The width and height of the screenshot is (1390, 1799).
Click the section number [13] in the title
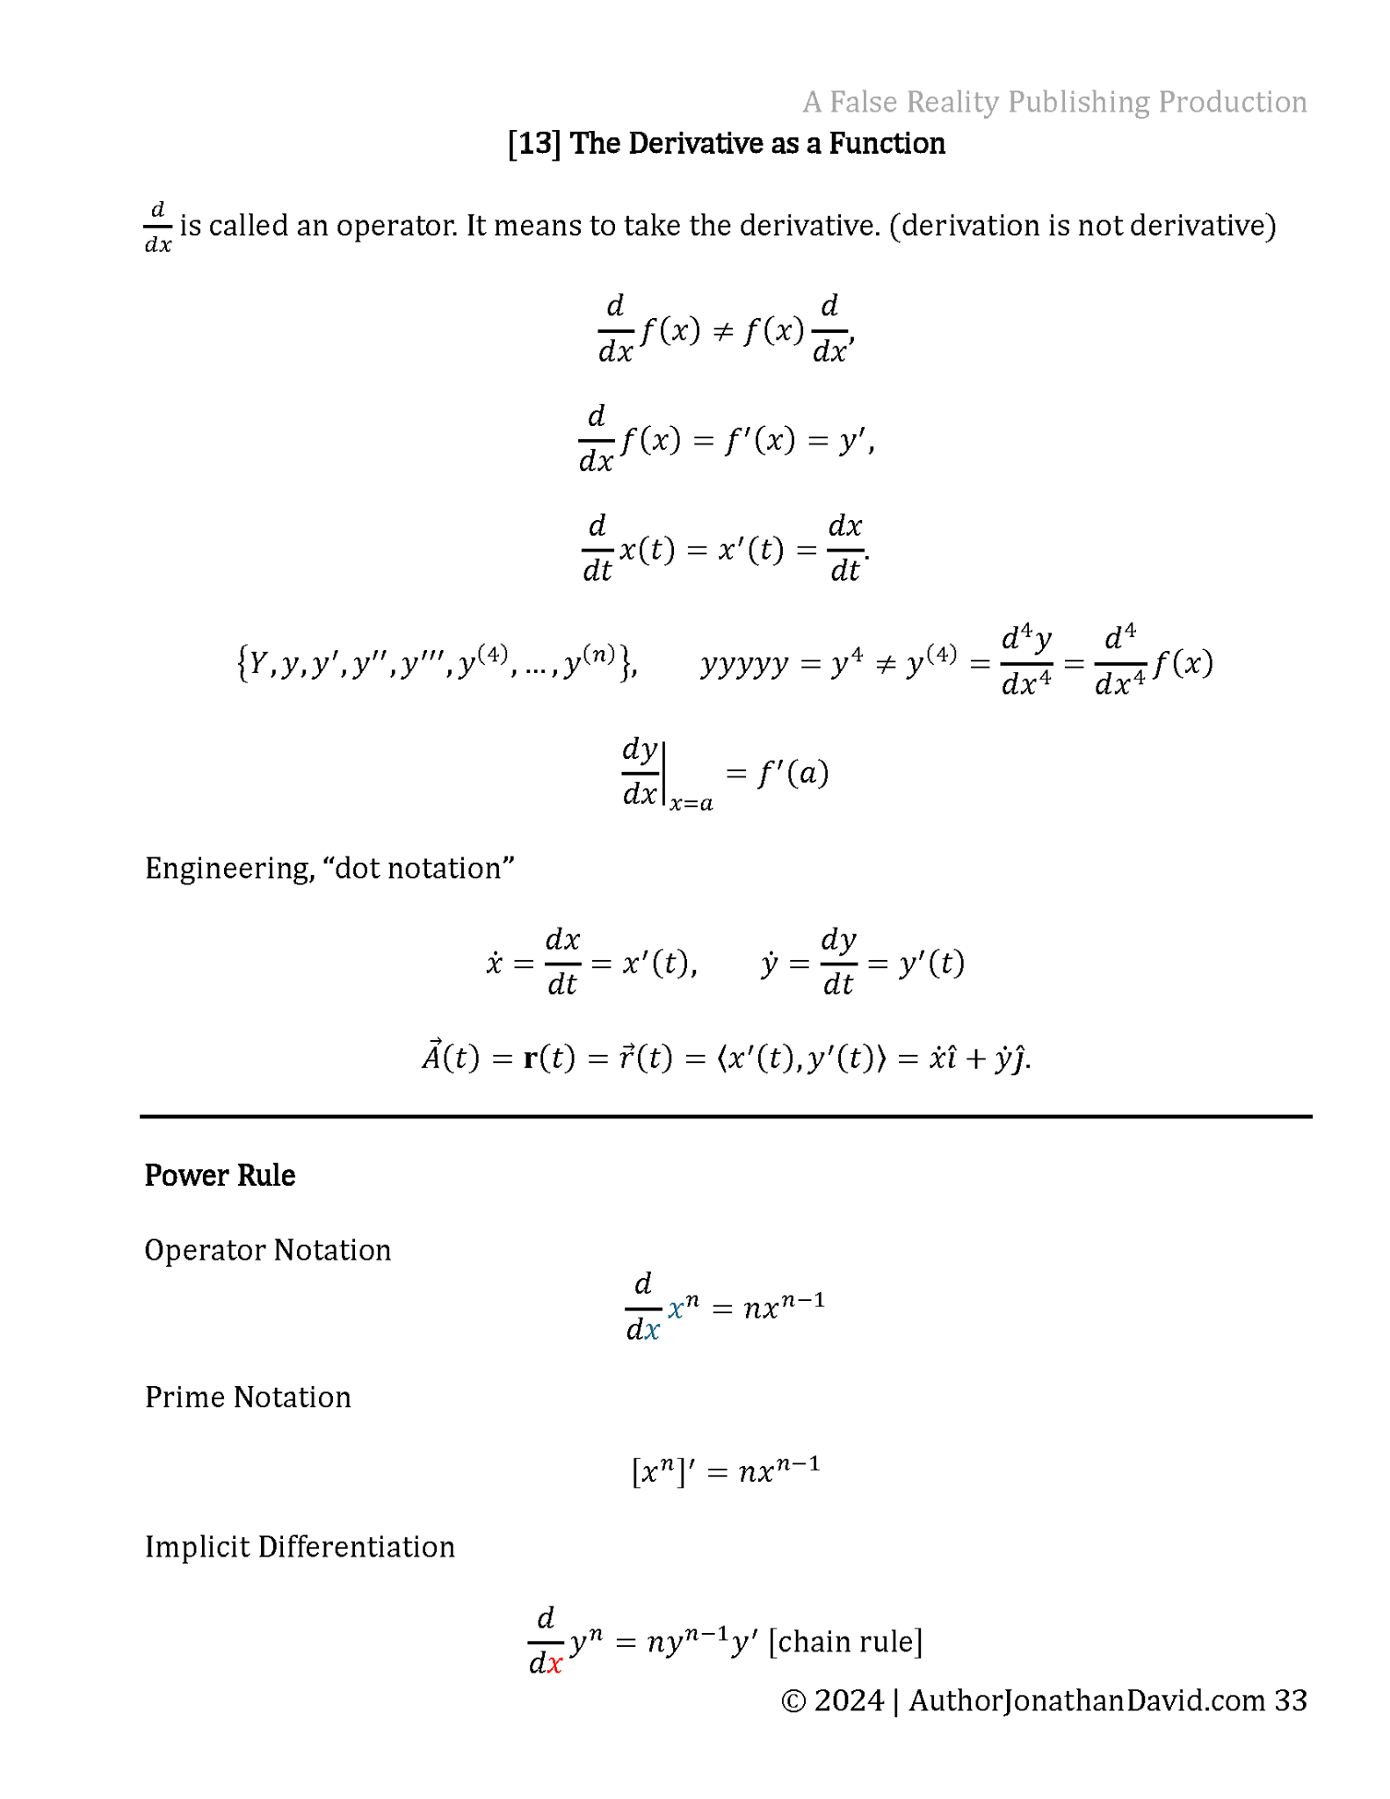(x=534, y=143)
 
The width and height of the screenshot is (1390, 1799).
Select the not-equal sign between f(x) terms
(x=722, y=331)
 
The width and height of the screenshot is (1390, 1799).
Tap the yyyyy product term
(x=744, y=665)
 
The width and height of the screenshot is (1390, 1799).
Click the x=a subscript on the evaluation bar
(x=691, y=803)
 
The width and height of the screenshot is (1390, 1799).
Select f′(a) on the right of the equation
(x=793, y=773)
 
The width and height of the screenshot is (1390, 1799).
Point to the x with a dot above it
(x=494, y=964)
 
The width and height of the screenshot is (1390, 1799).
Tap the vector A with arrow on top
(x=431, y=1056)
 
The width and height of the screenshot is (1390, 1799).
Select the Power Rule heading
(x=220, y=1175)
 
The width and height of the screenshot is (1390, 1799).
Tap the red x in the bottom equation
(x=554, y=1663)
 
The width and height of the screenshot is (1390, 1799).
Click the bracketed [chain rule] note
(x=845, y=1641)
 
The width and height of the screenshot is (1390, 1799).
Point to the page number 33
(x=1290, y=1701)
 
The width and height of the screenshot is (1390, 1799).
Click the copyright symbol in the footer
(x=793, y=1701)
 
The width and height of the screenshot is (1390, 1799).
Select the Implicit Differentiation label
(x=300, y=1547)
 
